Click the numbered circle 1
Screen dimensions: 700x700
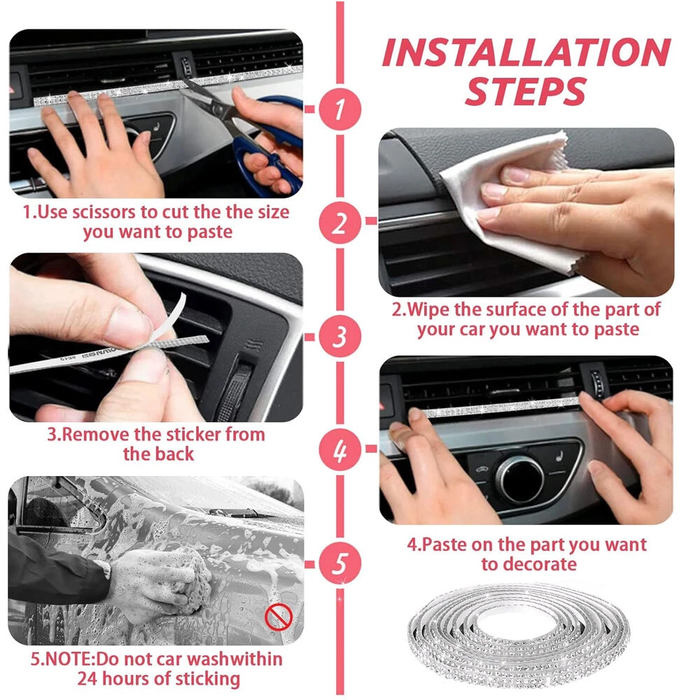tap(339, 109)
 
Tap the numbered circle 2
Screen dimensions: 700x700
tap(339, 223)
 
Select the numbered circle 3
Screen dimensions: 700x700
tap(339, 336)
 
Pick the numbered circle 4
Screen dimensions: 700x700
tap(339, 450)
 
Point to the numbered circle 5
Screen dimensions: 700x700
tap(339, 563)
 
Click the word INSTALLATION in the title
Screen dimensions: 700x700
tap(526, 52)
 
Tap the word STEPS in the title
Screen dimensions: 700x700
tap(525, 92)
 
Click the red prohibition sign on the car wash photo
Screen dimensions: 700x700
tap(279, 617)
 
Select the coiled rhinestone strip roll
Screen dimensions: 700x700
tap(519, 634)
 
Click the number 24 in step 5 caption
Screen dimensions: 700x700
tap(87, 679)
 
